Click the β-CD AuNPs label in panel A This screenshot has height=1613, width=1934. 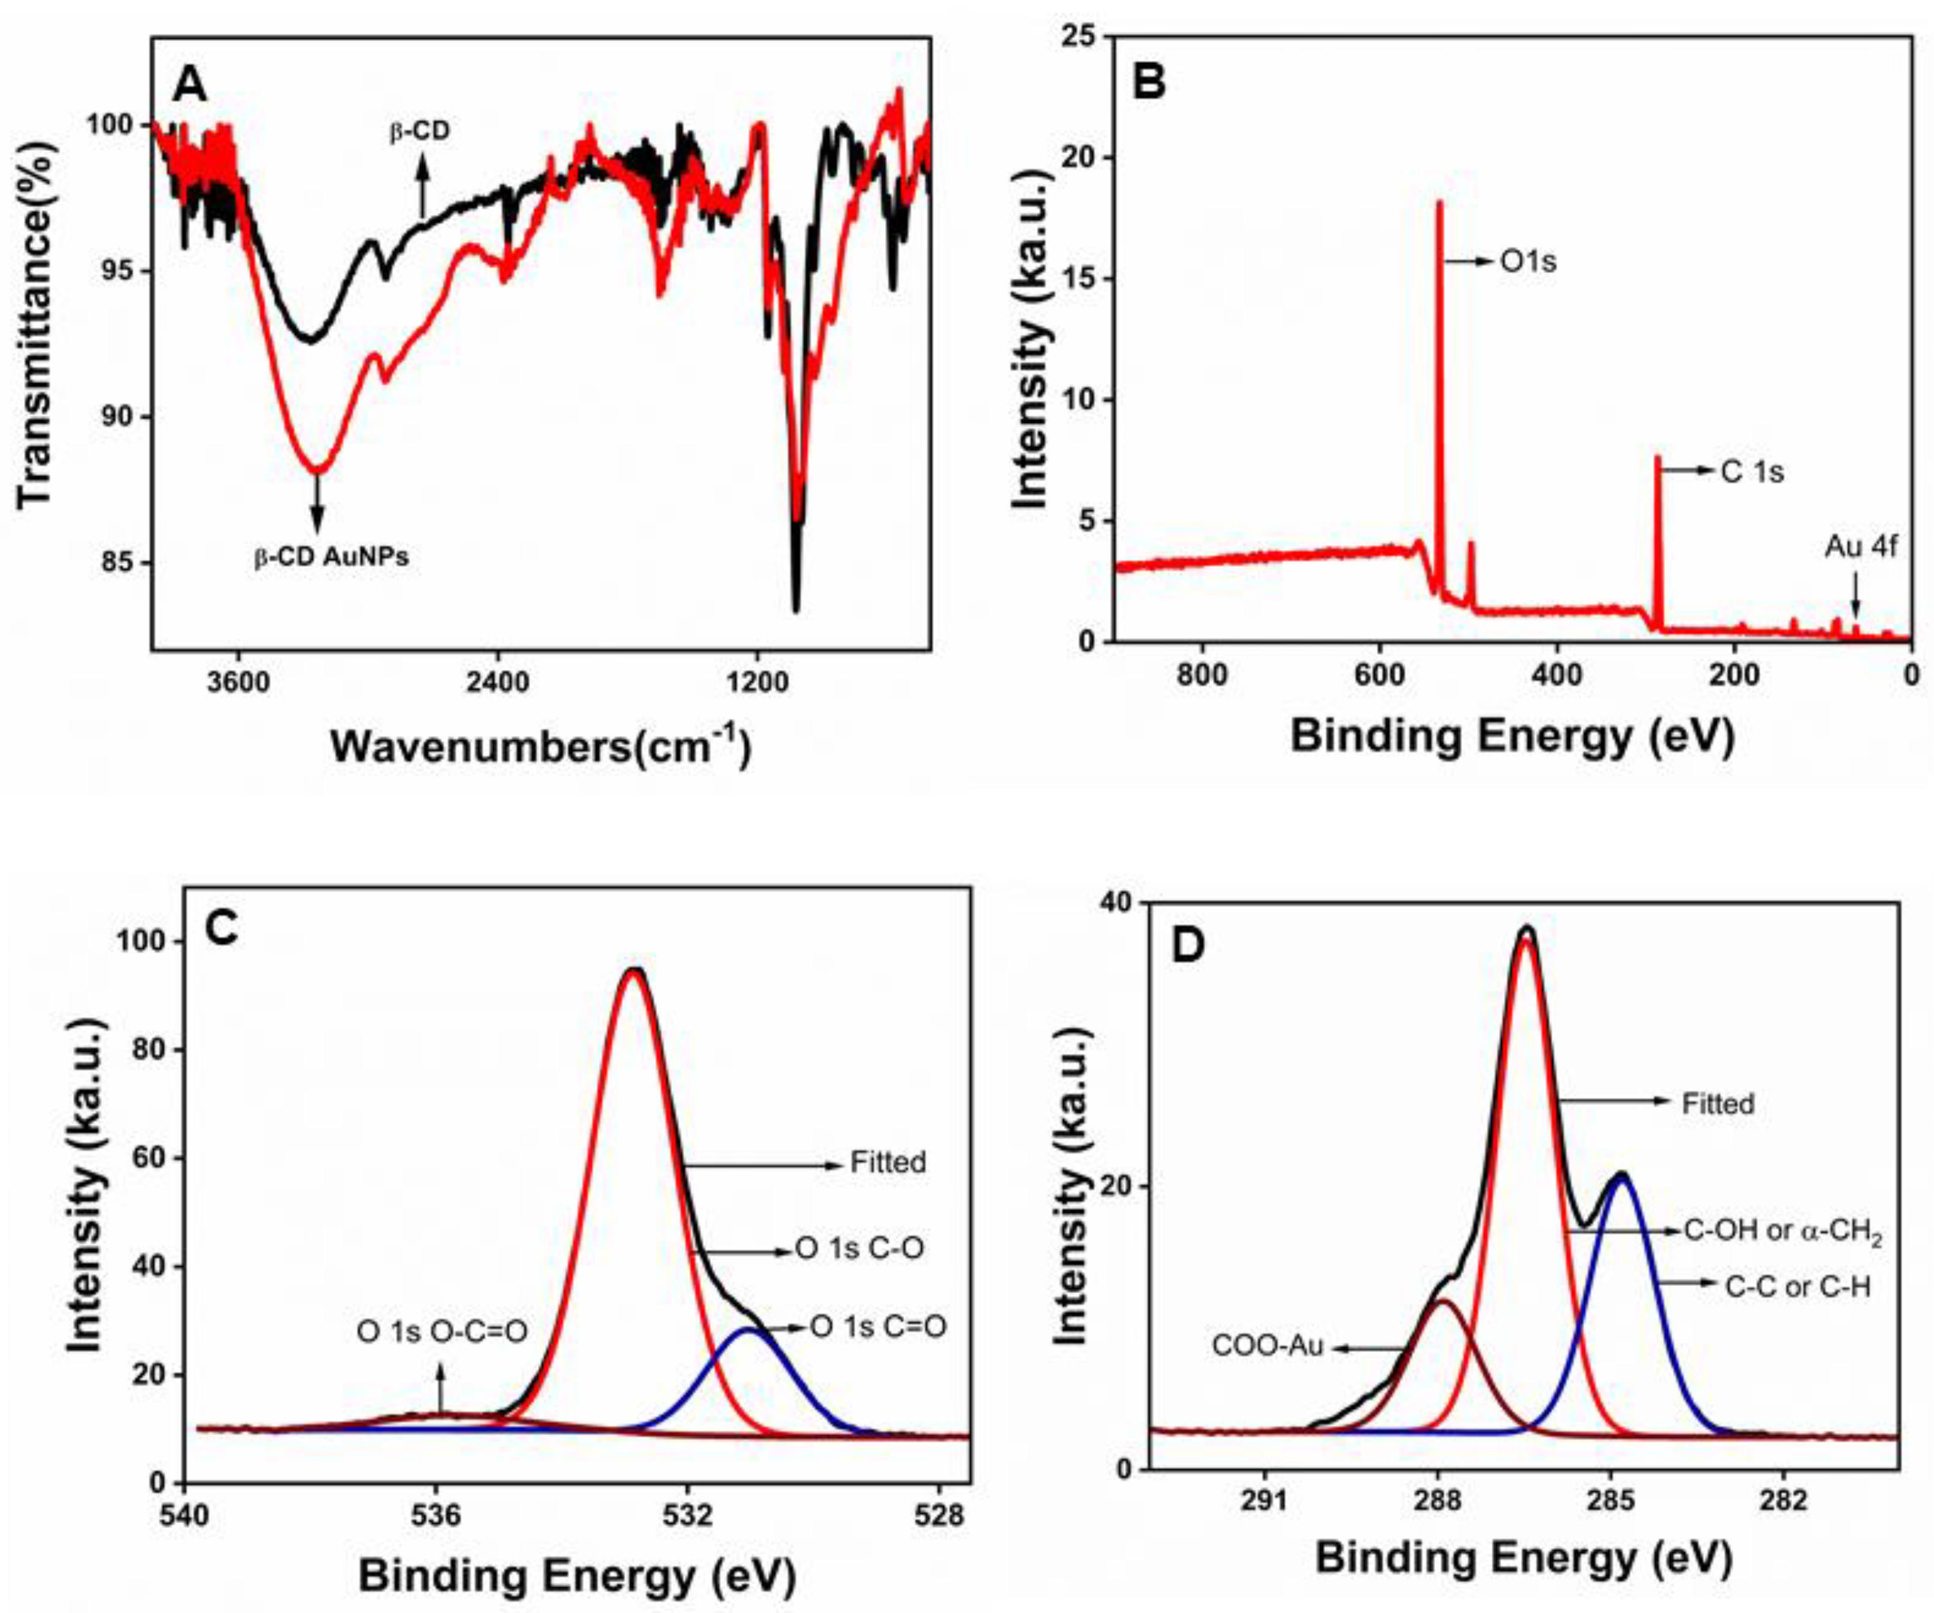click(x=332, y=557)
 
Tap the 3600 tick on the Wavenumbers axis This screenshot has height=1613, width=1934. click(x=238, y=683)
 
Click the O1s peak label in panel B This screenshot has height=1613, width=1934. click(x=1528, y=262)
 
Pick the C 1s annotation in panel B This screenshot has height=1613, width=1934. click(x=1752, y=471)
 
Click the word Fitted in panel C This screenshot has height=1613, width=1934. click(x=888, y=1163)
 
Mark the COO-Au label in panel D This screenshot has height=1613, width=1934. click(x=1267, y=1346)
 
